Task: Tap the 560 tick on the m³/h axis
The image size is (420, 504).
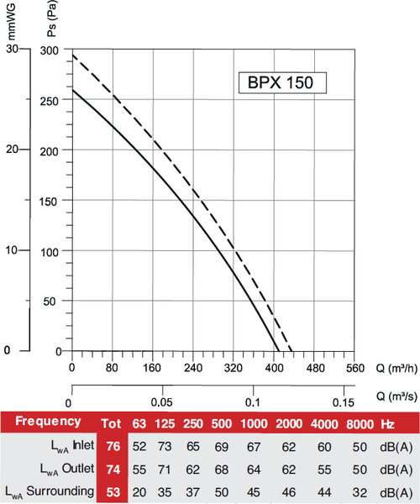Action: tap(354, 367)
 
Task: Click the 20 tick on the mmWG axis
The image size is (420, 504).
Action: tap(11, 150)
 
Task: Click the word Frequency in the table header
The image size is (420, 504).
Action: tap(48, 421)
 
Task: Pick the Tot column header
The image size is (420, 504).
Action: tap(113, 422)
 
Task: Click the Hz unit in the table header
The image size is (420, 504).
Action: tap(387, 422)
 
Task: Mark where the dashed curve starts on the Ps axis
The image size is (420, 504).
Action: tap(72, 55)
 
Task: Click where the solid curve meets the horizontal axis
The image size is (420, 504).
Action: tap(278, 351)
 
